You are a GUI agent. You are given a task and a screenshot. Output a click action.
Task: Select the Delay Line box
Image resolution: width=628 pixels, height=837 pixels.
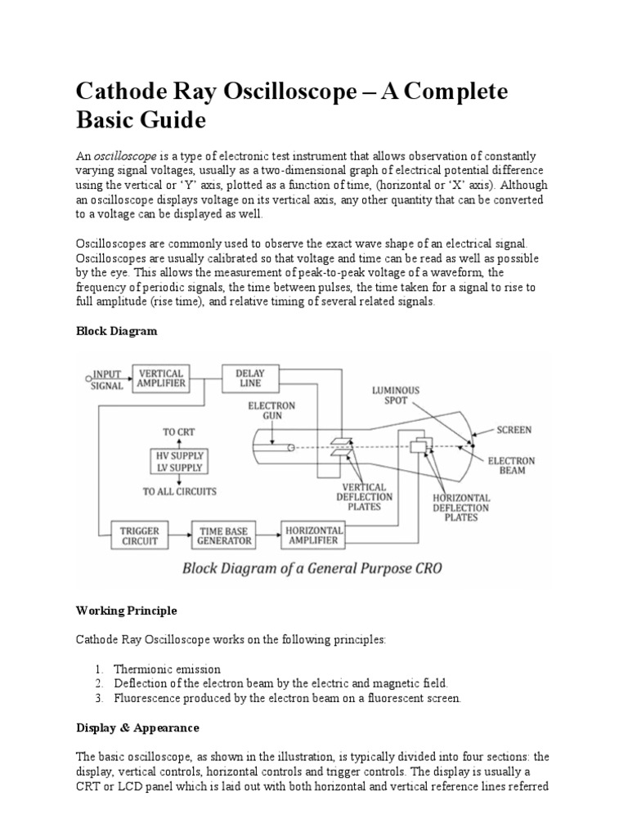pos(250,378)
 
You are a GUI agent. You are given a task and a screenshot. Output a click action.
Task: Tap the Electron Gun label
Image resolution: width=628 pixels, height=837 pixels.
pos(274,411)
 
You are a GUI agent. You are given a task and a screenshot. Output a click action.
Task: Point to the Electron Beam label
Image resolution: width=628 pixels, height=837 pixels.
pos(512,466)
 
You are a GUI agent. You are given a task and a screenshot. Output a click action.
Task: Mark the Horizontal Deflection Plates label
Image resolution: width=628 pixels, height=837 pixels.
pos(462,508)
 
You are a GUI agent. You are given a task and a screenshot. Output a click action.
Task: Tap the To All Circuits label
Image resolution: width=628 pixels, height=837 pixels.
pos(179,491)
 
